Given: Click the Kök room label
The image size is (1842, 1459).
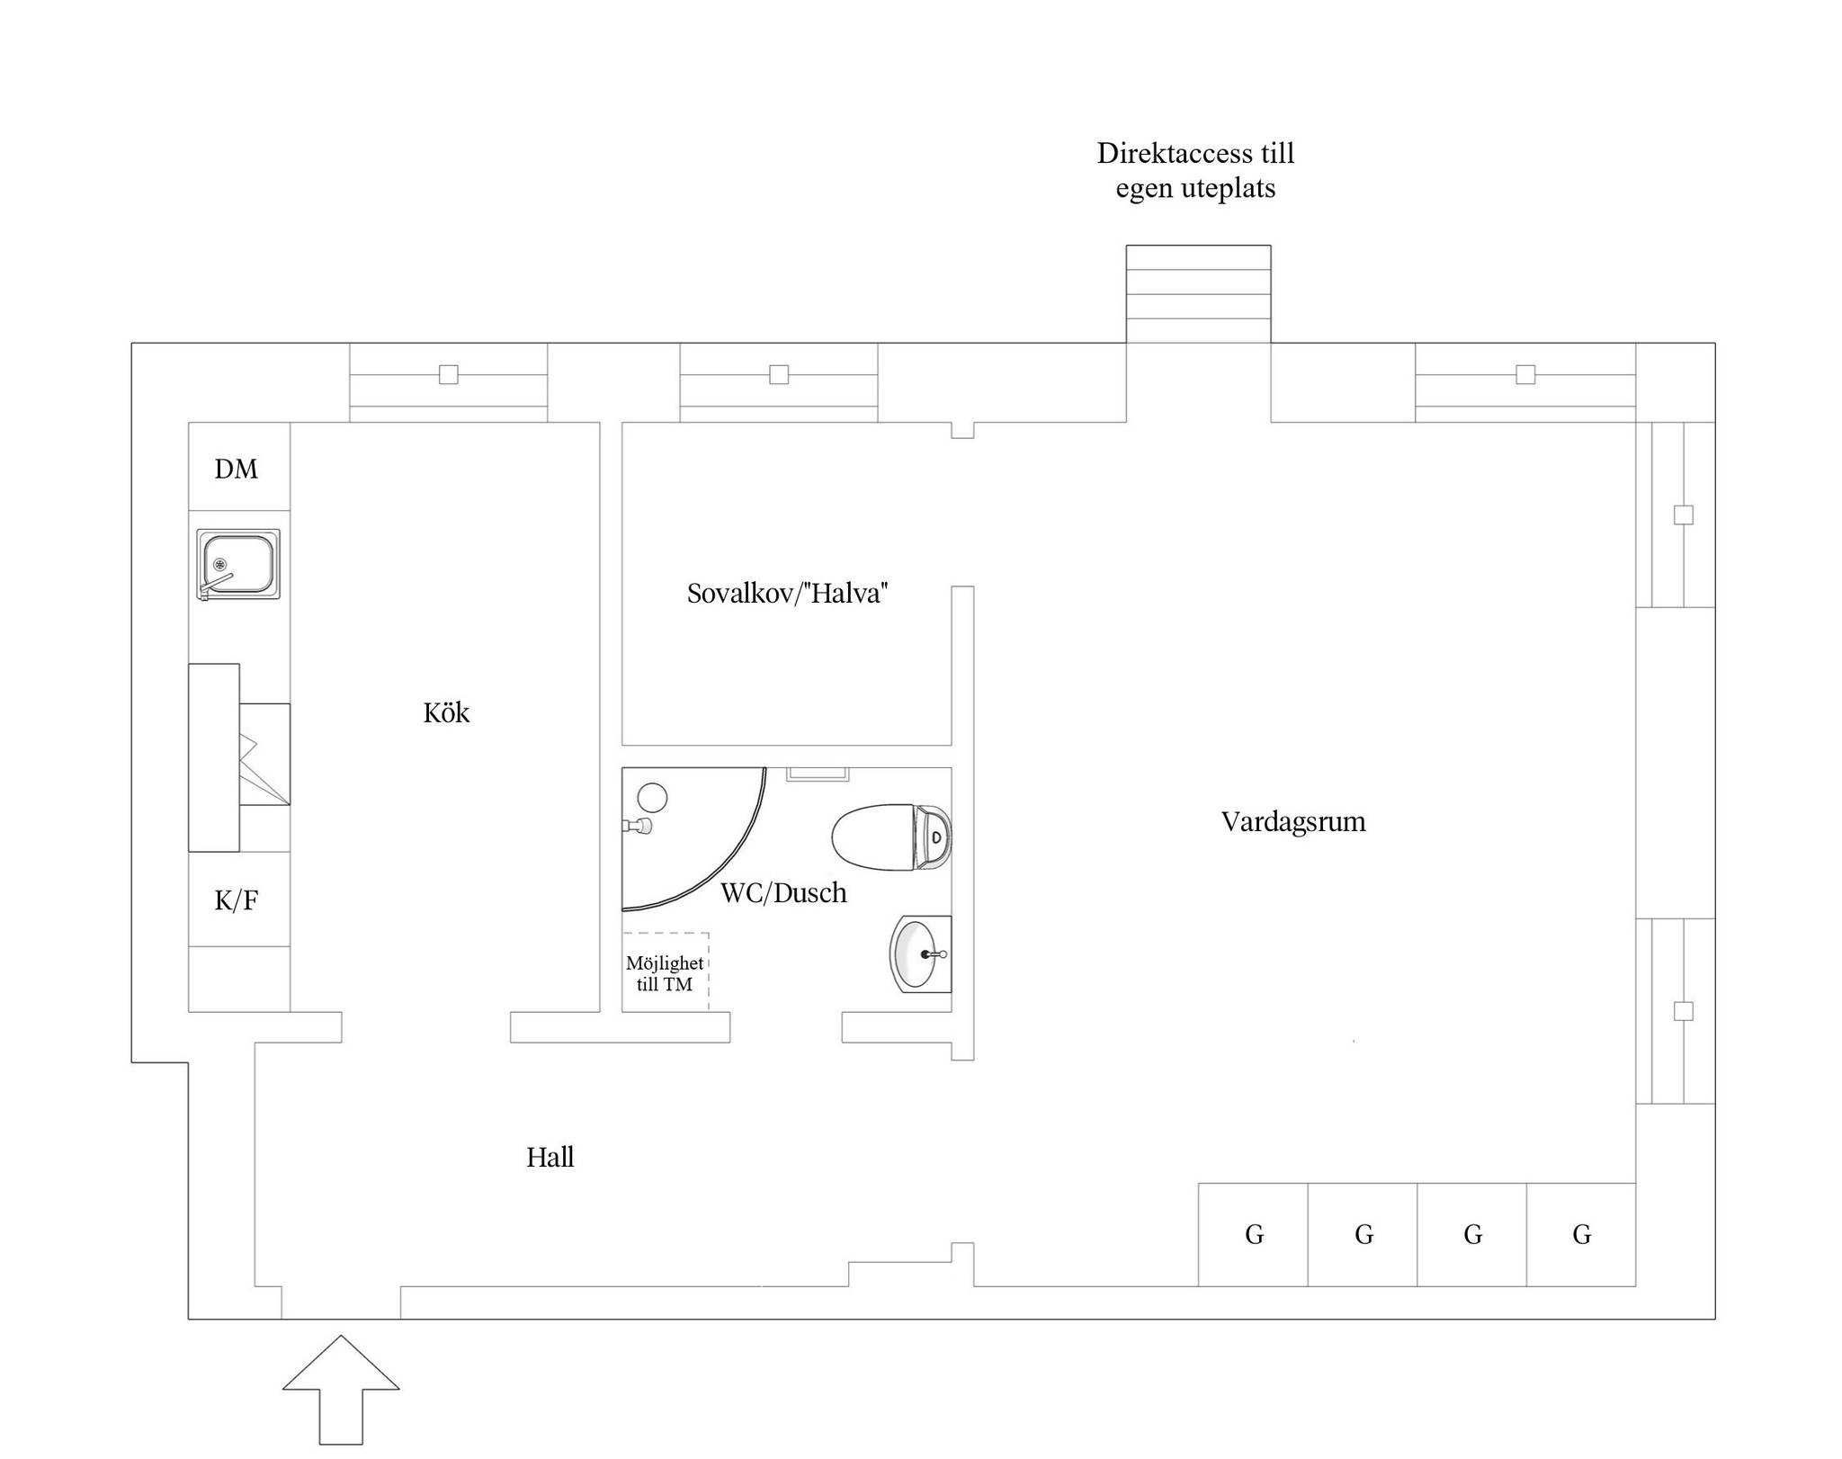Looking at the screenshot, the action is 446,712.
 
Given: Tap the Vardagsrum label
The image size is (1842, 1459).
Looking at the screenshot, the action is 1293,821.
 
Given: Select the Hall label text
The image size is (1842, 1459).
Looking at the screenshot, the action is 550,1157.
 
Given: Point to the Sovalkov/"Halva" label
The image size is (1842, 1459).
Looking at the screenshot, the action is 787,594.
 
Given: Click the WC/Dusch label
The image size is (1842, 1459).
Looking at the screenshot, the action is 783,892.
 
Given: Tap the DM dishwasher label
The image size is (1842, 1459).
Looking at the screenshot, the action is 236,469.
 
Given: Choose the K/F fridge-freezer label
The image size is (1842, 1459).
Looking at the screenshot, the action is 237,900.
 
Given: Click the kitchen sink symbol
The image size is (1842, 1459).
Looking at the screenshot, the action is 238,564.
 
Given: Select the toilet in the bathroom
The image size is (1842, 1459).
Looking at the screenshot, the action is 891,837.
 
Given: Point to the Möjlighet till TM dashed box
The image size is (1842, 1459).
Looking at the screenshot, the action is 666,972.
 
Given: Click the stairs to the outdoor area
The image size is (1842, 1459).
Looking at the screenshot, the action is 1198,294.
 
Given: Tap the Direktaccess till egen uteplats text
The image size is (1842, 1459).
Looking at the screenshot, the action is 1195,171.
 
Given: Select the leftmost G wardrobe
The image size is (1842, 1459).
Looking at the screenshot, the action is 1253,1234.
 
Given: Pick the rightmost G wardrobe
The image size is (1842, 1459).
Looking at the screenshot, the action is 1581,1234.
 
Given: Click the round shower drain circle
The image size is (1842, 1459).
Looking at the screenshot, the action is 652,798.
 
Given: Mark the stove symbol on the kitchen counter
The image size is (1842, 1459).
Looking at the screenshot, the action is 264,755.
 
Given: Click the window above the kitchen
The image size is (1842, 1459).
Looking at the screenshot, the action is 448,383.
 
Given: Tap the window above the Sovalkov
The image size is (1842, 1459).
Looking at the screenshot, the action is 779,383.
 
